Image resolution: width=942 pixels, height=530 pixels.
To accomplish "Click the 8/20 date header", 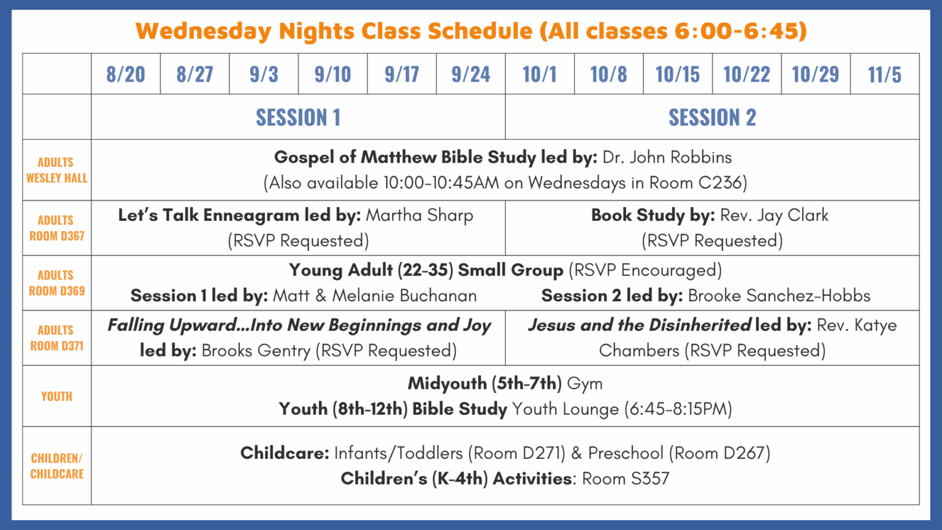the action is [126, 74].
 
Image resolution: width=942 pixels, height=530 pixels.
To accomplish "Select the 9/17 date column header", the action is [402, 74].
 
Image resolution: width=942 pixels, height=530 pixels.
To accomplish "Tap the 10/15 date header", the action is [678, 74].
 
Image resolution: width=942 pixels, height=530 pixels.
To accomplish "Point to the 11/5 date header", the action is [885, 74].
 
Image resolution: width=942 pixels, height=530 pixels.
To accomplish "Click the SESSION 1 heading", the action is [298, 117].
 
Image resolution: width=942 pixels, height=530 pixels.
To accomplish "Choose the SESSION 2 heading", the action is [713, 117].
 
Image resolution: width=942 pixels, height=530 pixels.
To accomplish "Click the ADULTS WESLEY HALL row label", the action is [57, 171].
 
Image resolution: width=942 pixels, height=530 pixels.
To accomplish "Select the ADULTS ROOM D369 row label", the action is [57, 283].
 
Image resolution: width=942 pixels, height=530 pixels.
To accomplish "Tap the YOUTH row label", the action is [57, 396].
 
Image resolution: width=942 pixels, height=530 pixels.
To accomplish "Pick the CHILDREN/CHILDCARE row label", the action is [57, 466].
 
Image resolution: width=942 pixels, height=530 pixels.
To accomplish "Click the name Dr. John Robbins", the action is [667, 157].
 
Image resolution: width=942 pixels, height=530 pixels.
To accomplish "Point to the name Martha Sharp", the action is [419, 215].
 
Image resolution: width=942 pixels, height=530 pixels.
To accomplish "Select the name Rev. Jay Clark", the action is [774, 215].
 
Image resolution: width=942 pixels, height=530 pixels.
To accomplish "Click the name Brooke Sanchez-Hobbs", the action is [779, 296].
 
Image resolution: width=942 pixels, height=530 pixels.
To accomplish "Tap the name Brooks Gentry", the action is [256, 351].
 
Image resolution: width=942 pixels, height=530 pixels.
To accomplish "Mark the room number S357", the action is [646, 478].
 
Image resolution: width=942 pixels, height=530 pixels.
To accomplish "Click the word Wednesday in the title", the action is [204, 31].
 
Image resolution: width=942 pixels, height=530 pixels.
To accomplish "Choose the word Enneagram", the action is [251, 216].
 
